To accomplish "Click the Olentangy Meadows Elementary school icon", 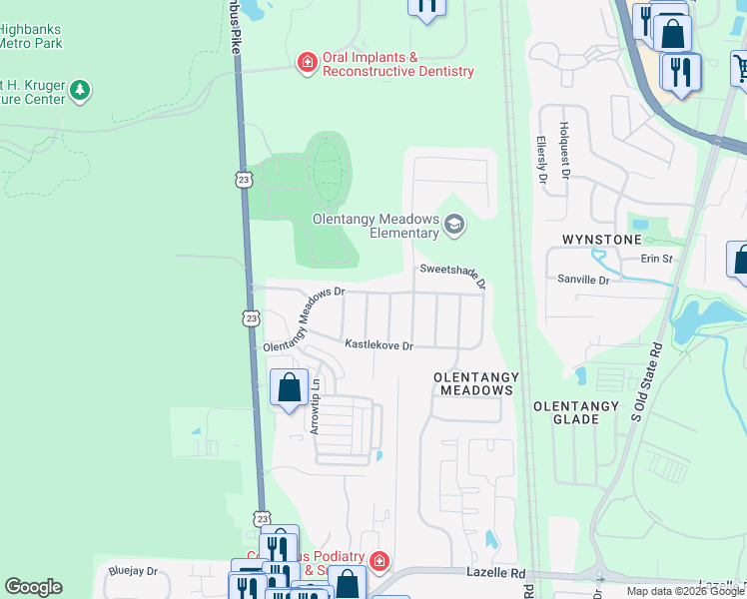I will [x=454, y=225].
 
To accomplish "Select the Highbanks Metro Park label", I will [x=30, y=36].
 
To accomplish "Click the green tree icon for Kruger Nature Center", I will [x=80, y=91].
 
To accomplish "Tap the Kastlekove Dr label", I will [x=379, y=344].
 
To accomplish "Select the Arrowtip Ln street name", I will [x=315, y=405].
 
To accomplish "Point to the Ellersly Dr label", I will [x=542, y=161].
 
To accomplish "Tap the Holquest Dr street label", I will [x=564, y=144].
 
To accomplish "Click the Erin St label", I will [x=663, y=258].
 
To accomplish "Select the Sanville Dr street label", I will [x=583, y=281].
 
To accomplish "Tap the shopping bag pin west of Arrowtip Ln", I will [x=289, y=387].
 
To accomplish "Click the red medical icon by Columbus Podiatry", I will [x=378, y=561].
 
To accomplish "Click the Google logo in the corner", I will [x=33, y=587].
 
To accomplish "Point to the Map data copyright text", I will [x=685, y=591].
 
